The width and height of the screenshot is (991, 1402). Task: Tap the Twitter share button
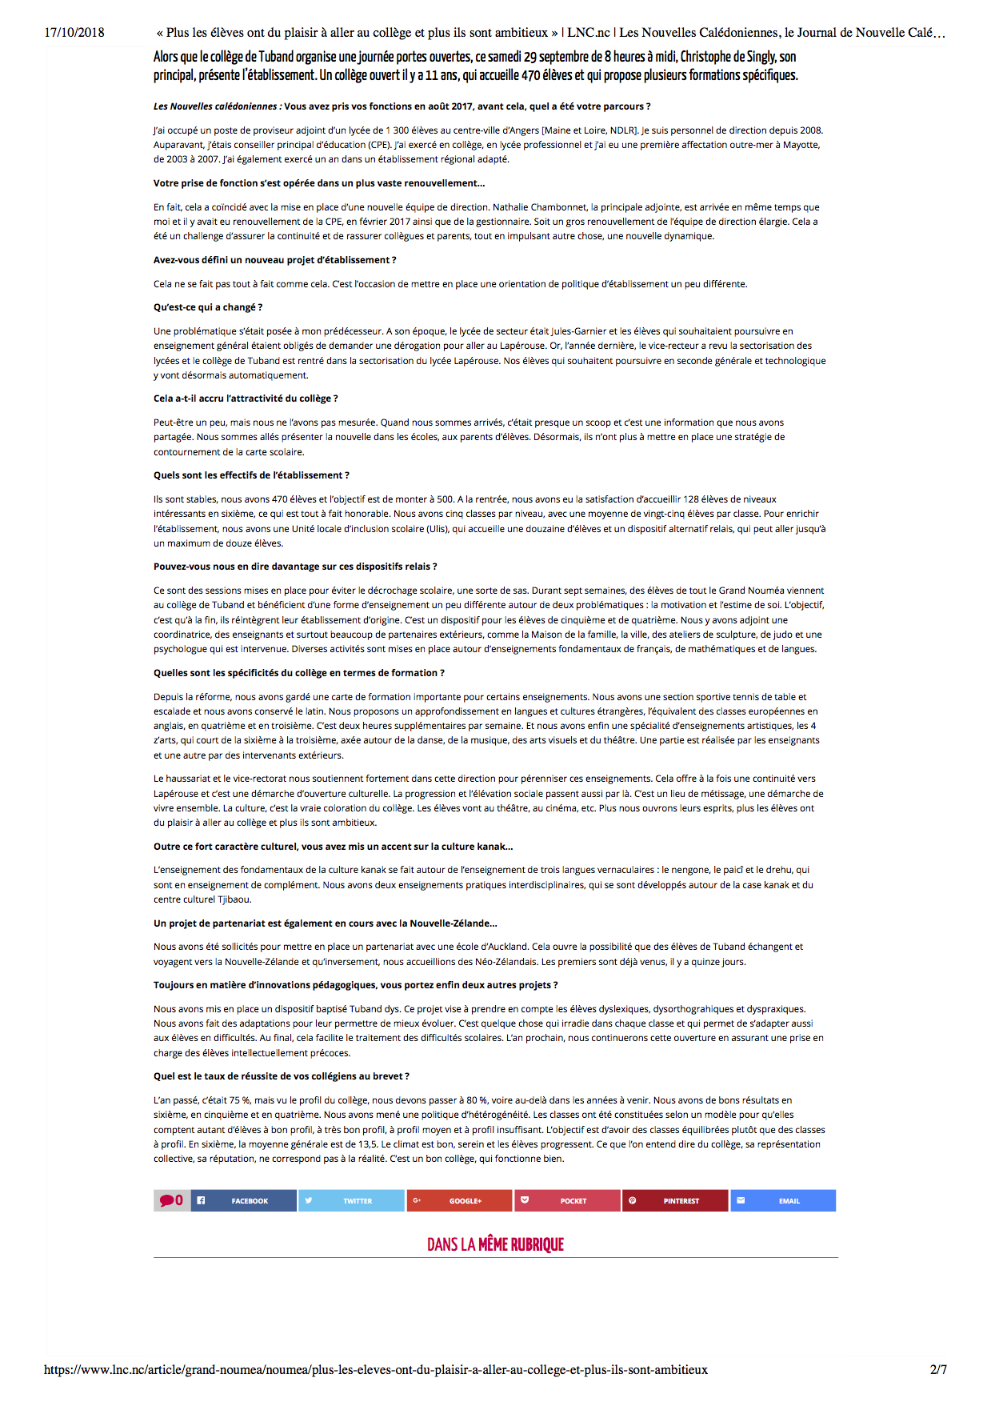coord(351,1200)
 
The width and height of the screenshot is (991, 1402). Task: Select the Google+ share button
coord(459,1200)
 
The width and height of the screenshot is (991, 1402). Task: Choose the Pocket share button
coord(567,1200)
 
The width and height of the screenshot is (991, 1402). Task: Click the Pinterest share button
coord(675,1200)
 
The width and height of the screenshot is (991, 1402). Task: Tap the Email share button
coord(783,1200)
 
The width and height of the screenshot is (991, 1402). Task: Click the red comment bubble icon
coord(167,1200)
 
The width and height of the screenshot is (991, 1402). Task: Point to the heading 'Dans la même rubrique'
coord(495,1244)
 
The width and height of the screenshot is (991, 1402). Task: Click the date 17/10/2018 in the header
coord(74,33)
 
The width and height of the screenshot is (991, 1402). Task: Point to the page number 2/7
coord(938,1369)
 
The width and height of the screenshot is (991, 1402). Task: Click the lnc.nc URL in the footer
coord(376,1369)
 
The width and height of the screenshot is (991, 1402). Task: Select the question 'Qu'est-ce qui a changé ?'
coord(208,307)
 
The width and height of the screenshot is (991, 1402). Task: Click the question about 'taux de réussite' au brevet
coord(282,1076)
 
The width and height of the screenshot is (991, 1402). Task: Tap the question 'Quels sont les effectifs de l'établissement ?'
coord(251,475)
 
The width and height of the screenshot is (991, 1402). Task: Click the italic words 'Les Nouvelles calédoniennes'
coord(215,106)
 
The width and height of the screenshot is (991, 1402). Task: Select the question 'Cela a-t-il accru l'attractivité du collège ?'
coord(246,399)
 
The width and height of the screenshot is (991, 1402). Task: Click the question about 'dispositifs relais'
coord(295,567)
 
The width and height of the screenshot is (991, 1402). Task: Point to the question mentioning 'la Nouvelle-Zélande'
coord(326,923)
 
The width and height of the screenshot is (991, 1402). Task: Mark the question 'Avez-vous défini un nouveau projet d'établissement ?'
coord(275,260)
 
